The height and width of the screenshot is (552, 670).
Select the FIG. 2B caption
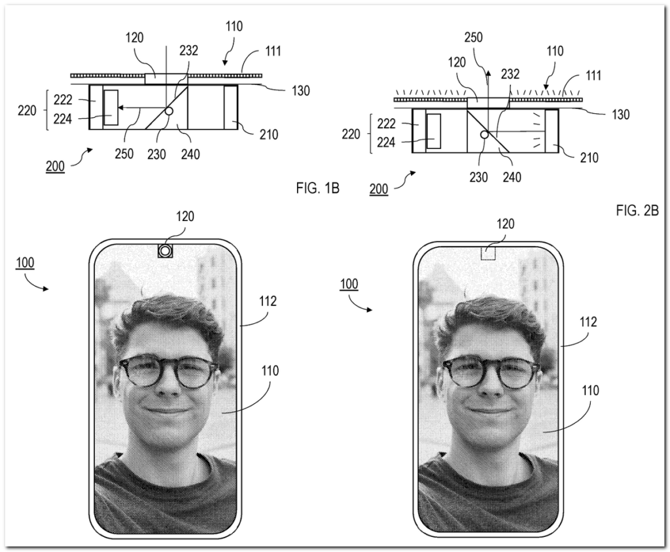click(637, 211)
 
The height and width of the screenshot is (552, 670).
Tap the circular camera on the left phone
click(165, 250)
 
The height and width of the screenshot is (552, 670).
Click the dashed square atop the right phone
click(489, 252)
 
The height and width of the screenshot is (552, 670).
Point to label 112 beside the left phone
click(268, 302)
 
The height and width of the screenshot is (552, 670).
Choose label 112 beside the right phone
click(588, 322)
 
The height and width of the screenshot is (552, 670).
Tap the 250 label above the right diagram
click(473, 38)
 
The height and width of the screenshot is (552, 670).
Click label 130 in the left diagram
click(301, 91)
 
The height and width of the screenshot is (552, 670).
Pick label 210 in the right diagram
click(588, 157)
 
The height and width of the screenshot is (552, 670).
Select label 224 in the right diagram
click(386, 141)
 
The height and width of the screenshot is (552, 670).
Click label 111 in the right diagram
click(593, 76)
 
